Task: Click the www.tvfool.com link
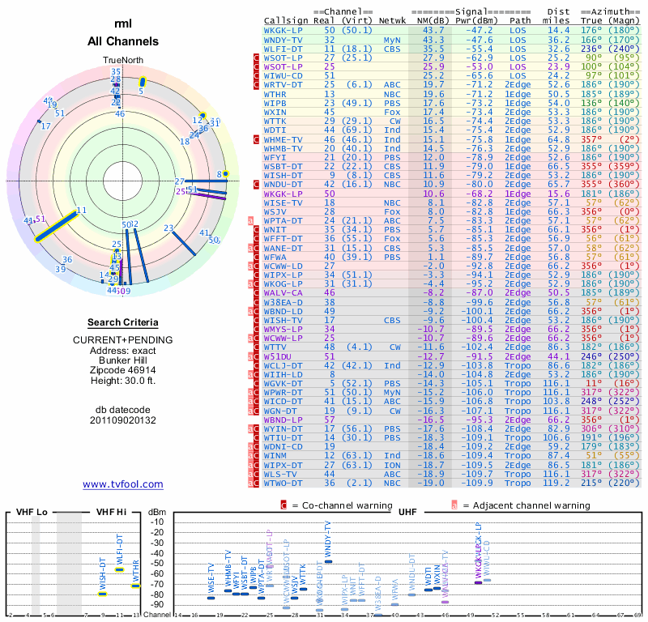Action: pos(123,484)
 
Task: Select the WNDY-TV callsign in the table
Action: pos(283,40)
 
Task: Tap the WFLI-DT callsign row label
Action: pos(283,49)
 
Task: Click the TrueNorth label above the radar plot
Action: pos(122,61)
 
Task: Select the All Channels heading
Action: pos(123,41)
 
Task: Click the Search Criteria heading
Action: pos(123,322)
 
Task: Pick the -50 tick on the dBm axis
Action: pos(156,564)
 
